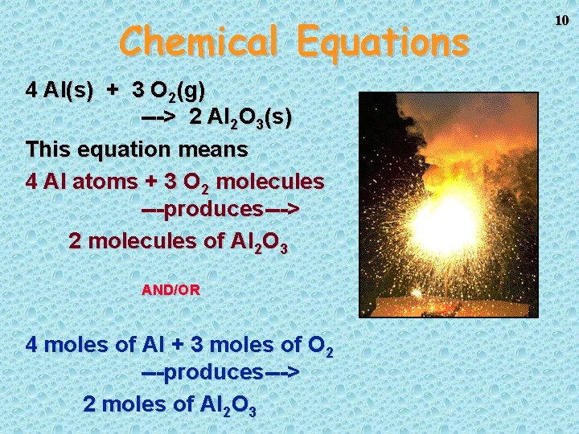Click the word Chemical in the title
[199, 40]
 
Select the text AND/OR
[170, 290]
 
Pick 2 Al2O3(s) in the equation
[241, 118]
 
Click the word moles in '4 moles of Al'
[77, 345]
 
